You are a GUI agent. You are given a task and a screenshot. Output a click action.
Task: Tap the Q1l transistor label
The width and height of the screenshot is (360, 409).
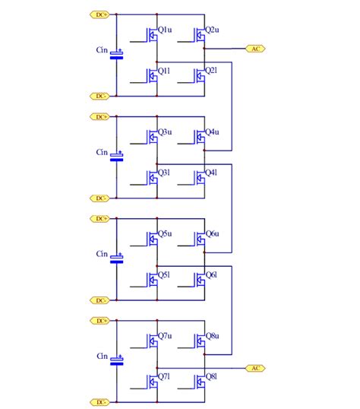click(165, 71)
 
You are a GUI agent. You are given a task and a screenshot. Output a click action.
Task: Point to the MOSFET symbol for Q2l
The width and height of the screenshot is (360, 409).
click(199, 75)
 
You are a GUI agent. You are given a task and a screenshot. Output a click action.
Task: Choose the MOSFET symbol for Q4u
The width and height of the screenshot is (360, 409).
click(199, 137)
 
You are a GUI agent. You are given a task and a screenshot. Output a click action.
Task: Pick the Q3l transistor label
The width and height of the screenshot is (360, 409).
click(165, 173)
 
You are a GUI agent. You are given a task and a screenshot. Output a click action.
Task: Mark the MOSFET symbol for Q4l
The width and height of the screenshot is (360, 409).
click(199, 177)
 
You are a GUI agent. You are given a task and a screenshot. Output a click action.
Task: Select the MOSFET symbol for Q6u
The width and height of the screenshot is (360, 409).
click(199, 238)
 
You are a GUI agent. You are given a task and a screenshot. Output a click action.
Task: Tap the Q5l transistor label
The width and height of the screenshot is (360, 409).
click(165, 274)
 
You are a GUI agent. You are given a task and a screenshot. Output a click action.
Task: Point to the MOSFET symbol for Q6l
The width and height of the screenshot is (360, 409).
click(199, 279)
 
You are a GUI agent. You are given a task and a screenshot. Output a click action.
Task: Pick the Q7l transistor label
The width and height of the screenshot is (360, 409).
click(165, 376)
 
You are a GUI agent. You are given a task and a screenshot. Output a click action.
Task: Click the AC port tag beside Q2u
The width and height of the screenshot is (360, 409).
click(256, 48)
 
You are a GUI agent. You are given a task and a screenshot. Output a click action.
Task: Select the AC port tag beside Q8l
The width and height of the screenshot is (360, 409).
click(256, 368)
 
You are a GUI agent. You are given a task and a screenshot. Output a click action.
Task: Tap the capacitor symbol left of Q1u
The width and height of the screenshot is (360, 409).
click(116, 55)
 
